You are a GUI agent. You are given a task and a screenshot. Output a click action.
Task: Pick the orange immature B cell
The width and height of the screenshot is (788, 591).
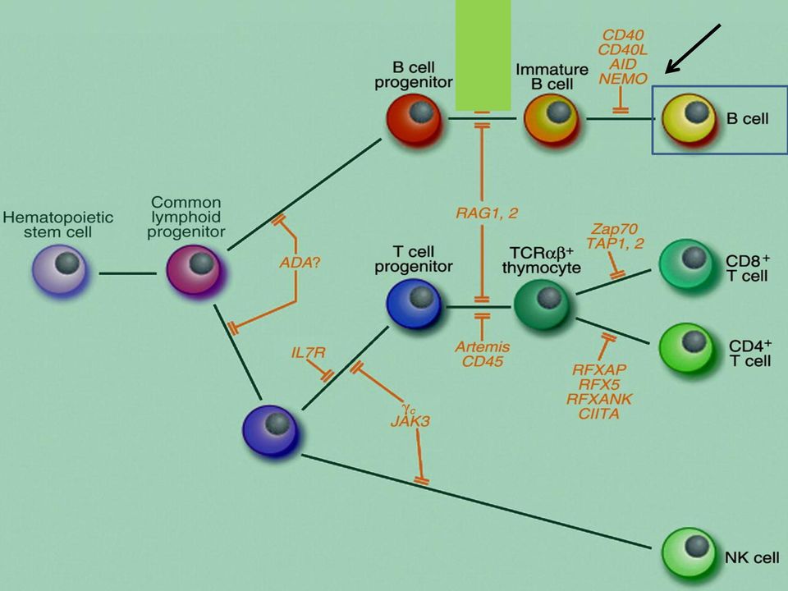click(x=552, y=119)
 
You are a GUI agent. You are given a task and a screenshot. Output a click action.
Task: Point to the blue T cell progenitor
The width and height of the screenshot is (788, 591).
click(x=415, y=303)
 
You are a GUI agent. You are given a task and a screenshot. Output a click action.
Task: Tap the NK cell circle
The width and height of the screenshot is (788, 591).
click(x=689, y=553)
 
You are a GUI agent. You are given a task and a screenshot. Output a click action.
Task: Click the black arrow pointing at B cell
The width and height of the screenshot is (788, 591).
click(x=693, y=48)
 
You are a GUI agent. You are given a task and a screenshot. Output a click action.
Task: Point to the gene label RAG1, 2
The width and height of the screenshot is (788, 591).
click(x=487, y=213)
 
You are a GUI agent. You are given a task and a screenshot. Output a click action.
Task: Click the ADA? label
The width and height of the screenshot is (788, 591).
click(x=300, y=263)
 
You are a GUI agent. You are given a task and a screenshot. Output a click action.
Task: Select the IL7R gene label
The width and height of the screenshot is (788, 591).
click(x=308, y=353)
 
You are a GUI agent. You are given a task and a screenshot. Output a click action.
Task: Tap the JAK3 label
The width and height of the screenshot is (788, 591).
click(x=410, y=421)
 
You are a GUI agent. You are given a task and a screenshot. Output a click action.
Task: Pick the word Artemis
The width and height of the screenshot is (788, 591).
click(x=483, y=346)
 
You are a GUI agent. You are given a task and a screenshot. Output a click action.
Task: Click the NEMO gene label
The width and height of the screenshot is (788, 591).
click(x=623, y=79)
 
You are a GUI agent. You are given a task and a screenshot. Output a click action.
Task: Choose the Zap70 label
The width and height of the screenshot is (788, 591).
click(x=614, y=229)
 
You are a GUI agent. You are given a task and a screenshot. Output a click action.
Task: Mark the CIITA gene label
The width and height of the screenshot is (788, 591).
click(x=599, y=414)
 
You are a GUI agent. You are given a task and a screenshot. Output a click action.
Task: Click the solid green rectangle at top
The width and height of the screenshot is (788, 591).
click(x=483, y=55)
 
